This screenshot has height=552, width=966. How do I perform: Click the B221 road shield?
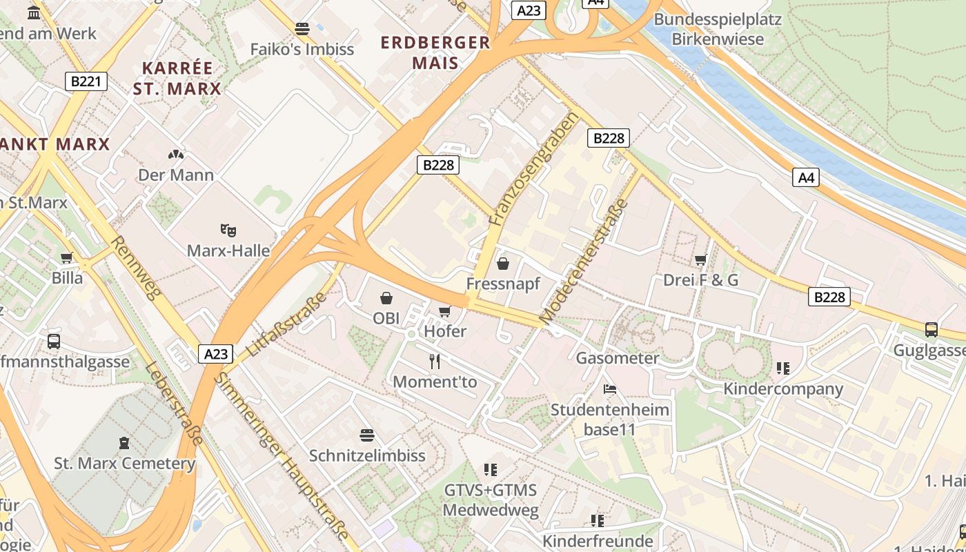point(86,81)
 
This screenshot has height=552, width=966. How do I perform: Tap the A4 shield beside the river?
point(807,177)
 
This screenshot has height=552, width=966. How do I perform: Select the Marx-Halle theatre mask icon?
point(228,230)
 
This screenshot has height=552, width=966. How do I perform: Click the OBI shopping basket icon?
point(386,298)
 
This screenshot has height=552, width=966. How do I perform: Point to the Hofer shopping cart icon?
point(445,311)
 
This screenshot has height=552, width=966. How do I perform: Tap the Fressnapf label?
point(503,284)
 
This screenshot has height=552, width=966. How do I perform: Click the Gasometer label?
point(618,358)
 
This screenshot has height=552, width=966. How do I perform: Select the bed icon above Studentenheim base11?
point(610,389)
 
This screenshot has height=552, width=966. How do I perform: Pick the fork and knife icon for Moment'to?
point(435,361)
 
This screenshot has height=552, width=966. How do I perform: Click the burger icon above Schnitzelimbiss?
point(367,435)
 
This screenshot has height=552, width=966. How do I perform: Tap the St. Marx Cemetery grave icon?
point(124,442)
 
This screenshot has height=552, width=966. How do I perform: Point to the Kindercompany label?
point(783,388)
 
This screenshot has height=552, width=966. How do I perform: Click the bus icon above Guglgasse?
point(931,330)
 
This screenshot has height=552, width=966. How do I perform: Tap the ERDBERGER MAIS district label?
point(435,52)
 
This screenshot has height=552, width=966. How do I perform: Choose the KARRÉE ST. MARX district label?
point(177,78)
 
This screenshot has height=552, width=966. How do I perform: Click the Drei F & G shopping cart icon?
point(701,259)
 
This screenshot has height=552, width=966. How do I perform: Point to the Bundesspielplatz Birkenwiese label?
point(718,29)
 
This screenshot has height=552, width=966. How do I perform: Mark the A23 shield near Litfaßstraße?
point(216,354)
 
